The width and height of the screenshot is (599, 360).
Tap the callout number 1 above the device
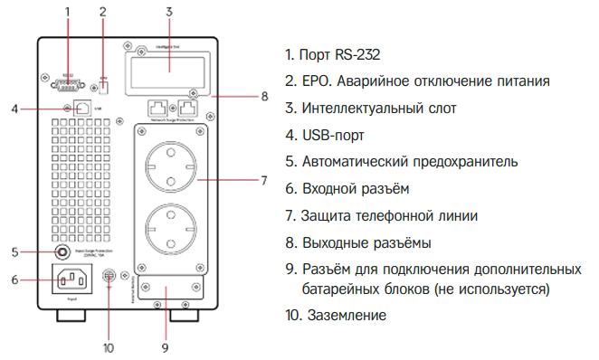tap(67, 11)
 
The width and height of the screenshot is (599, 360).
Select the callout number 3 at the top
tap(168, 11)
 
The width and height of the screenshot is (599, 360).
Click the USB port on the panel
tap(82, 107)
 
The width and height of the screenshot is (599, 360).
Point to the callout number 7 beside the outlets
tap(261, 180)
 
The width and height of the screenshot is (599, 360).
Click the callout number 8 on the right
tap(263, 96)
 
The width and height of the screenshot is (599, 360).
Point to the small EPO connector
tap(104, 86)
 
